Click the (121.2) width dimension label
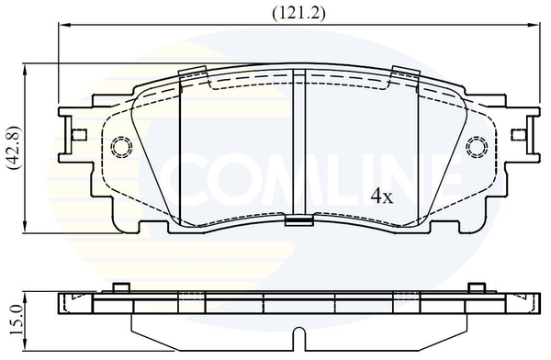pyautogui.click(x=298, y=13)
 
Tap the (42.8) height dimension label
pyautogui.click(x=15, y=148)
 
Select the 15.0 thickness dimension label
pyautogui.click(x=16, y=320)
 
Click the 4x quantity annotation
pyautogui.click(x=382, y=197)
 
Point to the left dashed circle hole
pyautogui.click(x=121, y=145)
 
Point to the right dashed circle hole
pyautogui.click(x=477, y=146)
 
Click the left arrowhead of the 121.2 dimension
pyautogui.click(x=65, y=24)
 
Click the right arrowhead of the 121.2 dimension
pyautogui.click(x=532, y=24)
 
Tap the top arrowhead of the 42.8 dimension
pyautogui.click(x=25, y=71)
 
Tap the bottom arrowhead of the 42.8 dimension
pyautogui.click(x=25, y=225)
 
